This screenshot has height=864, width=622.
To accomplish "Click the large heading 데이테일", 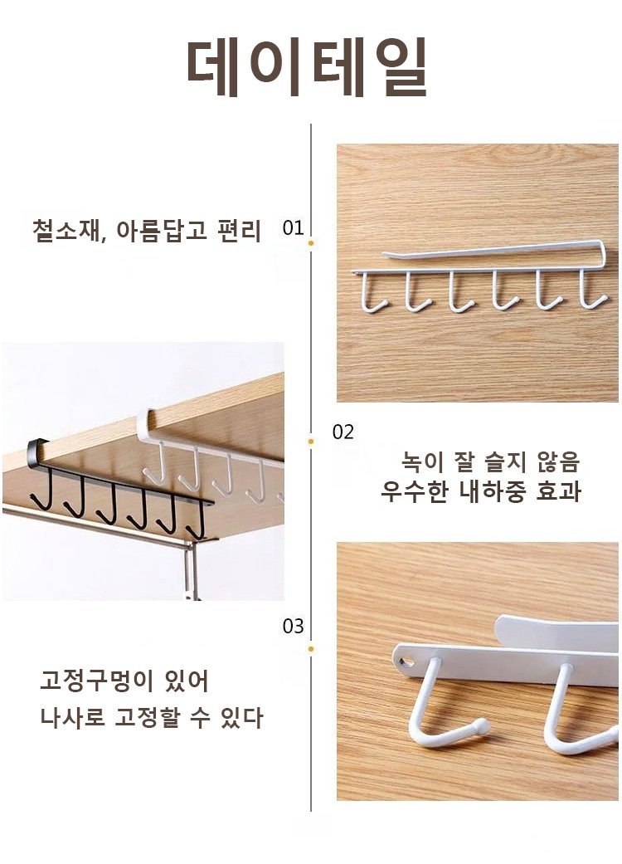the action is click(307, 67).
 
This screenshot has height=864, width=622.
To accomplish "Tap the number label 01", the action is click(293, 227).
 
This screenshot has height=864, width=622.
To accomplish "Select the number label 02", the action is click(343, 432).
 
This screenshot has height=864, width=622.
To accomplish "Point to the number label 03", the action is click(293, 626).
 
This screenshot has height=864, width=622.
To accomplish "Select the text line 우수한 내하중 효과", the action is click(480, 491).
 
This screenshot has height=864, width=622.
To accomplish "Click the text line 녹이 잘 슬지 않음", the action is click(490, 461).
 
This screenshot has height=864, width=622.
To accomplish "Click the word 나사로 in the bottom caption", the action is click(72, 717).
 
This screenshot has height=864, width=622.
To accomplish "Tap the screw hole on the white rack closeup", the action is click(406, 660).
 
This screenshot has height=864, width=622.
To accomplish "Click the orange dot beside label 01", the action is click(311, 242).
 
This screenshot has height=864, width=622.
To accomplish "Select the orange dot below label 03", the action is click(311, 649).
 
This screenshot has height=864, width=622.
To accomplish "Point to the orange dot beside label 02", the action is click(311, 442).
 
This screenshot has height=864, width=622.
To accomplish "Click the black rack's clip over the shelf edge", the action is click(37, 447).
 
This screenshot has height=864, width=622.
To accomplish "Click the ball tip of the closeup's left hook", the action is click(481, 726).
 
